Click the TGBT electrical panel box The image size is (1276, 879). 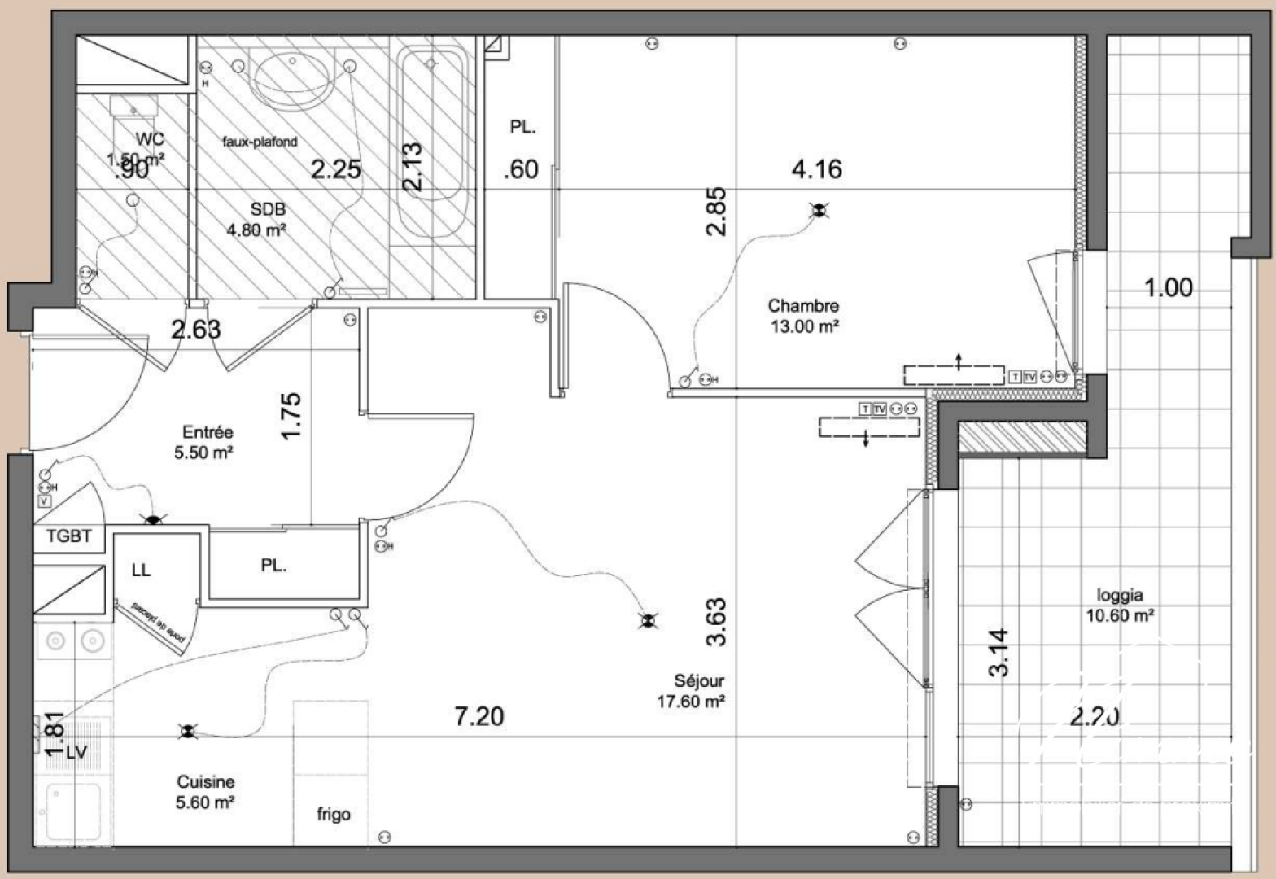(x=69, y=536)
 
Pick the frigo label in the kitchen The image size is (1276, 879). (x=334, y=814)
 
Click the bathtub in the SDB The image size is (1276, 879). (x=431, y=142)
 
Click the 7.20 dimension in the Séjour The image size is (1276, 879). (x=478, y=716)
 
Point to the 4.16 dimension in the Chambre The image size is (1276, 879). (x=816, y=169)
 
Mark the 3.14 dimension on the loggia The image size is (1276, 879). (x=999, y=652)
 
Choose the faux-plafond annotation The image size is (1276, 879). (x=260, y=142)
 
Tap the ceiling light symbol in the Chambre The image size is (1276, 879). (x=819, y=212)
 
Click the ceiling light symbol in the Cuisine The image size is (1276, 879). (x=188, y=732)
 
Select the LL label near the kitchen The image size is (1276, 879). (x=141, y=570)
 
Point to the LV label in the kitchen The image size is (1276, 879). (x=76, y=752)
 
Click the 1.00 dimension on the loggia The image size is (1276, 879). (x=1169, y=287)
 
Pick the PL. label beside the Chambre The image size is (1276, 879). (x=522, y=127)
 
